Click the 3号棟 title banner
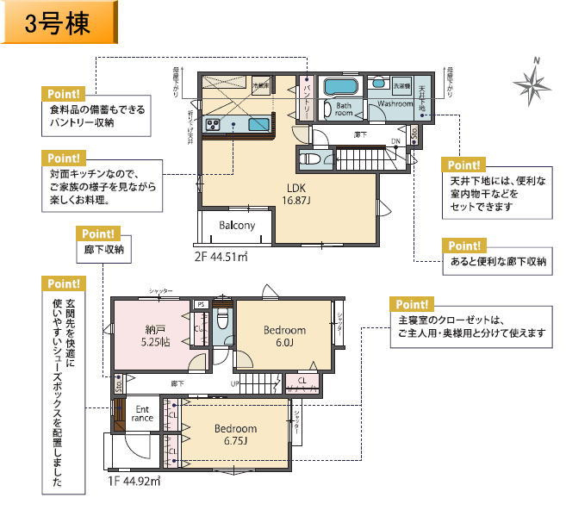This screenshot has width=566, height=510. click(x=59, y=23)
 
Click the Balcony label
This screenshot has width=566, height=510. click(x=236, y=226)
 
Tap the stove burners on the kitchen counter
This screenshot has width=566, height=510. click(x=214, y=126)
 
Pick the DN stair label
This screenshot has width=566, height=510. click(x=395, y=141)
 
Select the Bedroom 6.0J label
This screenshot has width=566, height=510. click(x=284, y=335)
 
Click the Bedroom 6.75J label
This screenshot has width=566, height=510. click(x=236, y=434)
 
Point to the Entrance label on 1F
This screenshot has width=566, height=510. click(x=141, y=413)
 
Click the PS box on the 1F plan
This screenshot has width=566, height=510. click(x=201, y=304)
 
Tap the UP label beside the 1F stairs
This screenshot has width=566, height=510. click(x=233, y=383)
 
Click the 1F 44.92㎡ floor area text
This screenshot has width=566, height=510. click(x=134, y=481)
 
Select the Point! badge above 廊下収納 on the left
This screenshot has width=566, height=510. click(x=102, y=233)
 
